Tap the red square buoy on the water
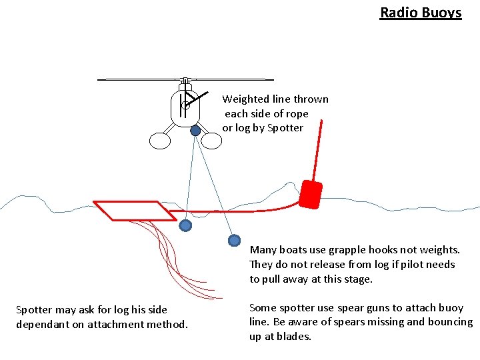[x=311, y=193]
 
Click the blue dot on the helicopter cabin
[x=195, y=131]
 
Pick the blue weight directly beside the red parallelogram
[x=186, y=225]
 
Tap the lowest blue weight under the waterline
[x=234, y=240]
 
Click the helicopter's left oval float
[x=161, y=141]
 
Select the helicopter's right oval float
[x=211, y=141]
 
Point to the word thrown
[x=311, y=99]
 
